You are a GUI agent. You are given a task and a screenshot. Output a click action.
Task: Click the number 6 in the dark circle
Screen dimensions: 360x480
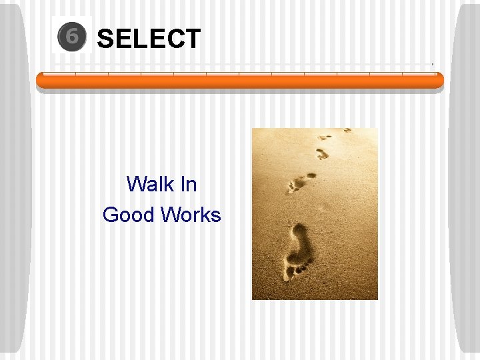(71, 37)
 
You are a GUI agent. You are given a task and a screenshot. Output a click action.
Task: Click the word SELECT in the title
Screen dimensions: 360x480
(149, 39)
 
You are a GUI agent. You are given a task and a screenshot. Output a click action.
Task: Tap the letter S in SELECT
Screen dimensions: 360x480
(105, 39)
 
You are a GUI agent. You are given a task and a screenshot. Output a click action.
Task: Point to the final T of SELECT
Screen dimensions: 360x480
(193, 39)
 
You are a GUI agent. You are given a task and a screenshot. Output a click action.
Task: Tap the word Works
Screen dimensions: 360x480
(191, 215)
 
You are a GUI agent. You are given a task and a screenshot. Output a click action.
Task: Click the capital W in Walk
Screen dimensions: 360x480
(133, 183)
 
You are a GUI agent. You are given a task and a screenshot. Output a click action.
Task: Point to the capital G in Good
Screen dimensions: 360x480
(110, 215)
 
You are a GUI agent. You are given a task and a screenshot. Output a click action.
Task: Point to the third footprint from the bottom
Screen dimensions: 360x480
(322, 153)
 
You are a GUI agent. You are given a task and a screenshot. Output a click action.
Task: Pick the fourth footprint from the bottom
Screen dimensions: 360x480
(325, 137)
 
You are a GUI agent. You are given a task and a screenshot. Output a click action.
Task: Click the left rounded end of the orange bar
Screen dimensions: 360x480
(40, 81)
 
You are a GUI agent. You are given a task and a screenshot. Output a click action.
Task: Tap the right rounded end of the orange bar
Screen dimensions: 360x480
(439, 81)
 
